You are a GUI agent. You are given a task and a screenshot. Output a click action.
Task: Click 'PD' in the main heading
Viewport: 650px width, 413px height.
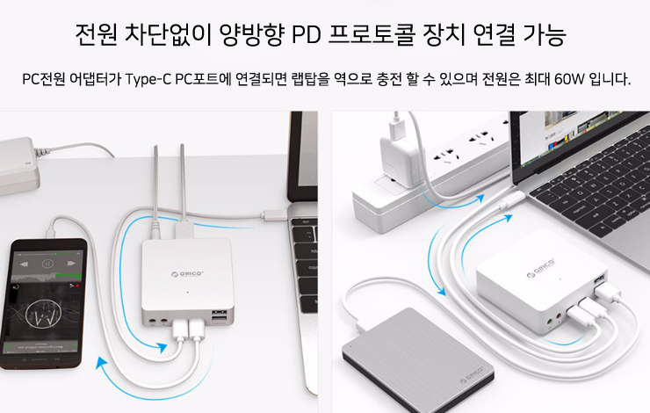(307, 35)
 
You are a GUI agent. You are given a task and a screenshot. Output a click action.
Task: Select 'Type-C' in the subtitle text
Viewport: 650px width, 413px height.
(148, 79)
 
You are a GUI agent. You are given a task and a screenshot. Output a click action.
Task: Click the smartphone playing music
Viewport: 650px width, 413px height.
(44, 303)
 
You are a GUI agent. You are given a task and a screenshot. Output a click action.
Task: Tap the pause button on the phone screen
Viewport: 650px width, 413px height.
(47, 264)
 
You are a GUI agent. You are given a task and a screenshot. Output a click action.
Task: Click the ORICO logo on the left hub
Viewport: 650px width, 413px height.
(187, 273)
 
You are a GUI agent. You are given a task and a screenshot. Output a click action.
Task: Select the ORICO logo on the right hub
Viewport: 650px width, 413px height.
(541, 268)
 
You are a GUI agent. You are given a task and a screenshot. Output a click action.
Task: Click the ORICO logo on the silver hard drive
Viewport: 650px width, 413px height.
(472, 374)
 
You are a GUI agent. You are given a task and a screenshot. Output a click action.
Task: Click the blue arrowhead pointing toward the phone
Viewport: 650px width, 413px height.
(102, 364)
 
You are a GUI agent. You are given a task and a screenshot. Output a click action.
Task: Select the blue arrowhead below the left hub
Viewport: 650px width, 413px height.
(162, 347)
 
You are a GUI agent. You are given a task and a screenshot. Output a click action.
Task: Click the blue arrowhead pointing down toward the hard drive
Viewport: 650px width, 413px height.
(441, 291)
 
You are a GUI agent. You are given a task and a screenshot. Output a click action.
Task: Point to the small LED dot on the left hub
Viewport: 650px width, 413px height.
(187, 292)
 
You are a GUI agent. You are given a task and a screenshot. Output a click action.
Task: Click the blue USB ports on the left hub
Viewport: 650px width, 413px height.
(220, 315)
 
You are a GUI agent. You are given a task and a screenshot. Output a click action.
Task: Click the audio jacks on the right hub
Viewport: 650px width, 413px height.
(554, 319)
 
